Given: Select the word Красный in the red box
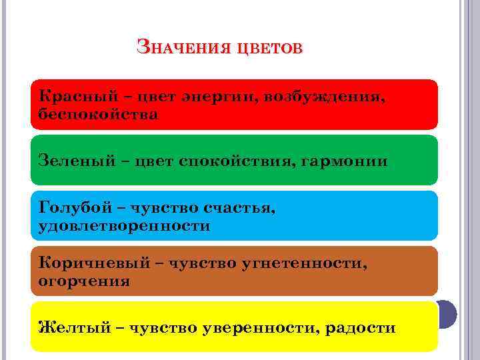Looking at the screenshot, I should click(x=76, y=97).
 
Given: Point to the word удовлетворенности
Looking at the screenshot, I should click(x=125, y=226).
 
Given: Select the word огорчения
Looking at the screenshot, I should click(x=84, y=281).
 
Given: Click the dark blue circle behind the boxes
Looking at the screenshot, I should click(x=447, y=313).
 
